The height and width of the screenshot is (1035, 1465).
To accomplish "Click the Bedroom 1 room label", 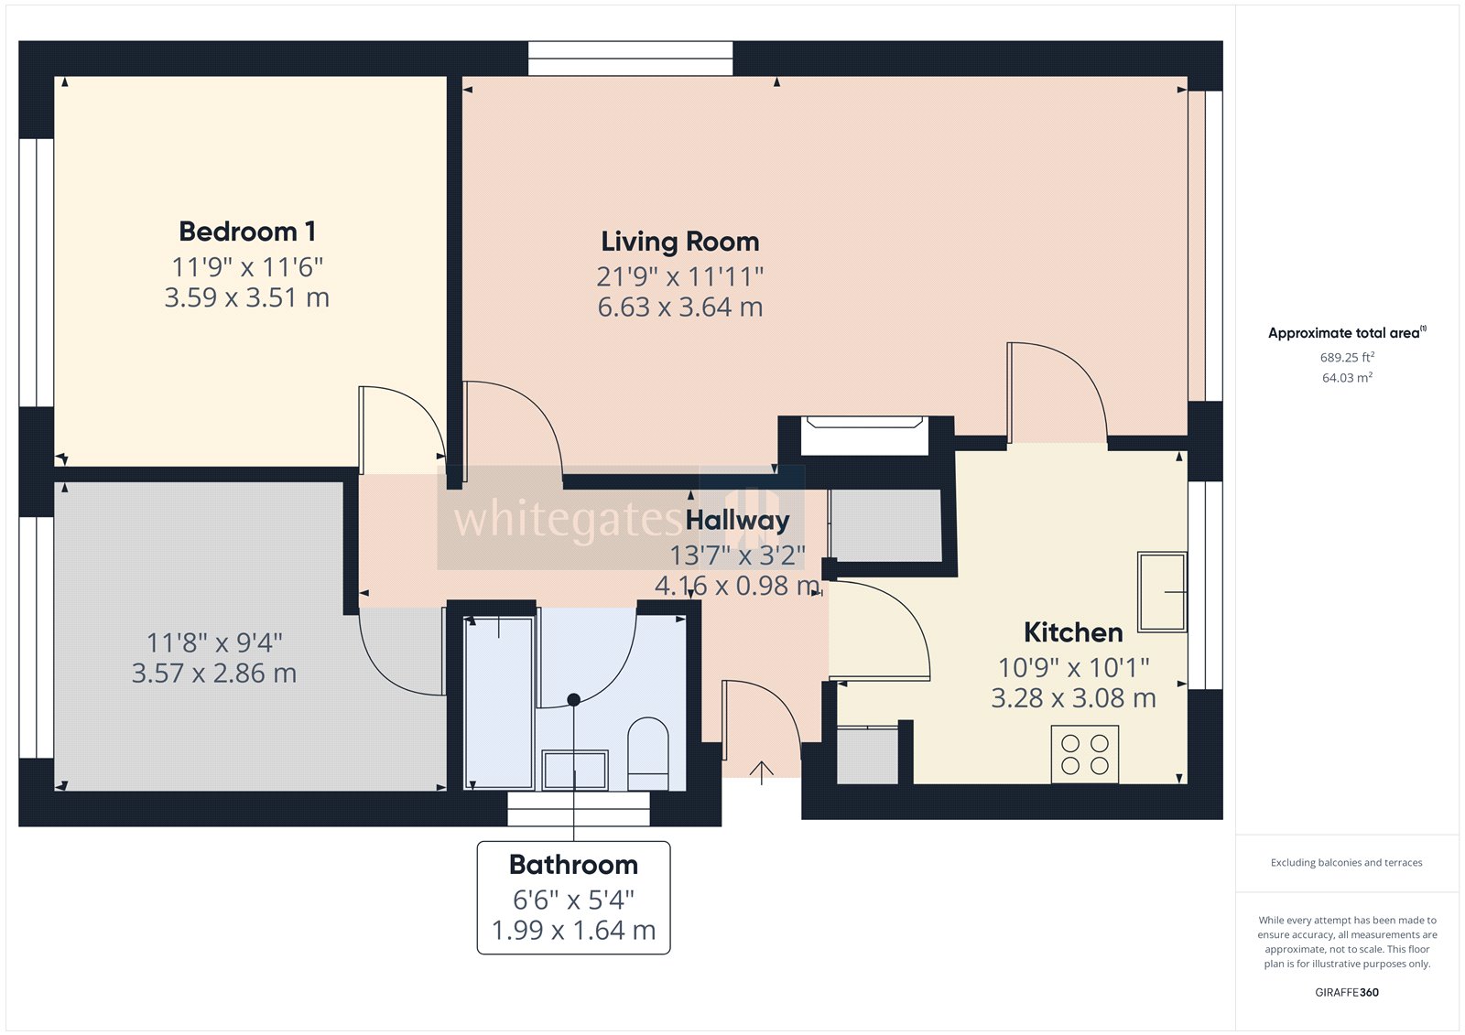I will pyautogui.click(x=247, y=232).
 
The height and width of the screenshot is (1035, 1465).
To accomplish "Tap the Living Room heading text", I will pyautogui.click(x=679, y=242).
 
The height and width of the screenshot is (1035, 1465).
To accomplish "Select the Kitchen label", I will pyautogui.click(x=1072, y=632).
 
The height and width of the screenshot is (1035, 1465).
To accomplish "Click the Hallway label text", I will pyautogui.click(x=737, y=520).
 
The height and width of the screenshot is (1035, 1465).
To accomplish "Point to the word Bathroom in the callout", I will pyautogui.click(x=573, y=865).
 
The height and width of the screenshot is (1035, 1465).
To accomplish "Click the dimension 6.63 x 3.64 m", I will pyautogui.click(x=679, y=307).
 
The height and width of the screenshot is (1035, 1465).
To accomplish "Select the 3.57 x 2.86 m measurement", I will pyautogui.click(x=213, y=674).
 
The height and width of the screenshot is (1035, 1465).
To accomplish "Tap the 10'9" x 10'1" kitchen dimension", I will pyautogui.click(x=1073, y=667).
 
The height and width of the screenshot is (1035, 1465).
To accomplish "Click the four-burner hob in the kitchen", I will pyautogui.click(x=1085, y=754).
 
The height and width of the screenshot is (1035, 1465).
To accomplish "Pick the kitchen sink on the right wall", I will pyautogui.click(x=1161, y=592).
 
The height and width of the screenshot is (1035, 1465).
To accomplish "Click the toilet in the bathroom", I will pyautogui.click(x=648, y=752).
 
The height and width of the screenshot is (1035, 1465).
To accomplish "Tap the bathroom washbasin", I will pyautogui.click(x=575, y=770).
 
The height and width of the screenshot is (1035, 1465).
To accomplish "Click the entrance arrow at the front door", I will pyautogui.click(x=761, y=772).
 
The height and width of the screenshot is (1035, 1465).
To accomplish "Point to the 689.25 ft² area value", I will pyautogui.click(x=1347, y=358).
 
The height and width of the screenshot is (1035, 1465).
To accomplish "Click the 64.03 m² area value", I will pyautogui.click(x=1347, y=378).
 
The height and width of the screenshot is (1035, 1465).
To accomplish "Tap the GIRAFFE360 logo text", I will pyautogui.click(x=1347, y=992).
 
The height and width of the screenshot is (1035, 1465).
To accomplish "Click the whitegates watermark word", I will pyautogui.click(x=568, y=520).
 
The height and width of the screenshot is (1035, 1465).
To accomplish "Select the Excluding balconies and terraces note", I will pyautogui.click(x=1346, y=862).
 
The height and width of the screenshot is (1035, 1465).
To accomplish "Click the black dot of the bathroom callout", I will pyautogui.click(x=573, y=699).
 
